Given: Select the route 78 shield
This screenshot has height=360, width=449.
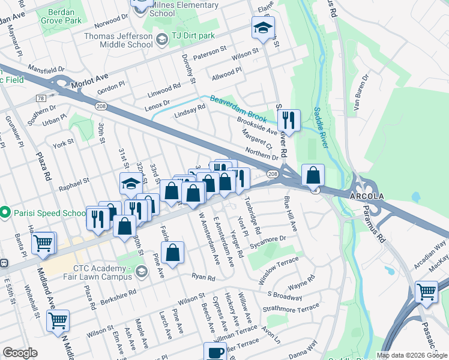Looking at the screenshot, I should pyautogui.click(x=41, y=98).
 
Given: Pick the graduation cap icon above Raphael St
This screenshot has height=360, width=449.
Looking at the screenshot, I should pyautogui.click(x=131, y=184).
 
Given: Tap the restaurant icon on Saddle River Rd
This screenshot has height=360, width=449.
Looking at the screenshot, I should pyautogui.click(x=290, y=120).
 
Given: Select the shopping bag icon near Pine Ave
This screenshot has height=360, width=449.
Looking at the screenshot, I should pyautogui.click(x=172, y=253).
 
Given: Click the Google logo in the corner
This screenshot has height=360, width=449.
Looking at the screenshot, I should pyautogui.click(x=20, y=353).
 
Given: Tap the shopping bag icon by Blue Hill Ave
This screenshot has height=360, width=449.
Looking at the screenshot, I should pyautogui.click(x=313, y=176).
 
